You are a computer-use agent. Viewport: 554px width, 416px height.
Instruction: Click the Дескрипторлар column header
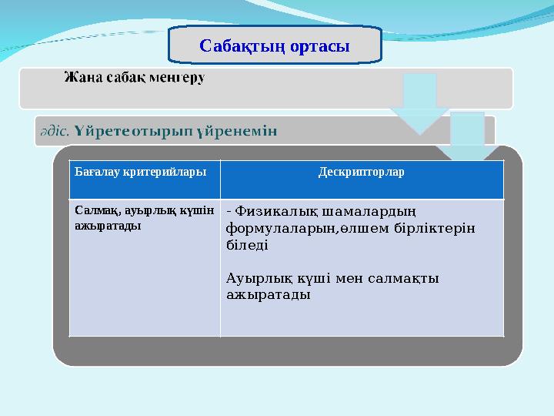coord(362,171)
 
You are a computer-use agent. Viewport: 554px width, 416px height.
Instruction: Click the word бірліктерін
coord(433,229)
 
